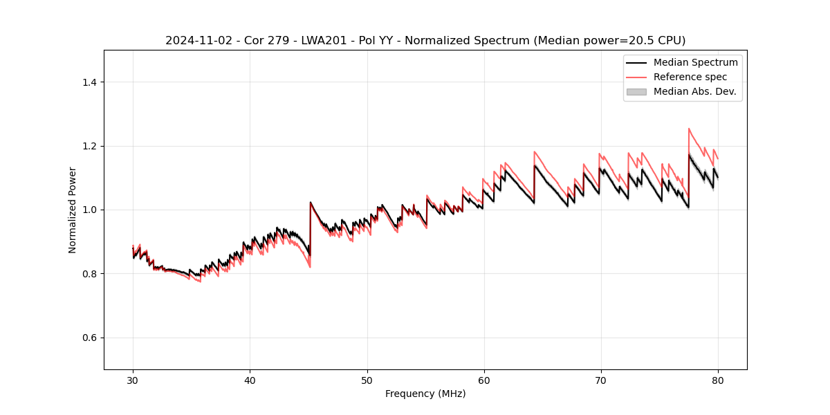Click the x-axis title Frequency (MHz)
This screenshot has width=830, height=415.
425,394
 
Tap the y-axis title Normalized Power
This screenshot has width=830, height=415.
73,210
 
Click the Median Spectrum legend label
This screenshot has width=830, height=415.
695,62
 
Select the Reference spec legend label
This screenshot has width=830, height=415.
690,77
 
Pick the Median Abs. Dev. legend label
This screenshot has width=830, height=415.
695,91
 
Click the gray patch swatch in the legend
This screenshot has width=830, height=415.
636,91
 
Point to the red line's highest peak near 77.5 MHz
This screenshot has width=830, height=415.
689,129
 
